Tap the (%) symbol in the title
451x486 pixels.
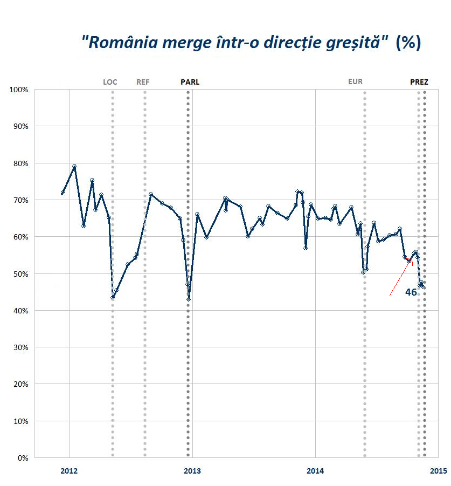click(x=408, y=42)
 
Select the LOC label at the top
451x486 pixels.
click(x=110, y=83)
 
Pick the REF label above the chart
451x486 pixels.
click(x=143, y=83)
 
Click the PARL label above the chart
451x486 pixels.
click(x=189, y=83)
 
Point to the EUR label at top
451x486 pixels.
click(x=356, y=82)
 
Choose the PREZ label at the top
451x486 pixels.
click(x=419, y=83)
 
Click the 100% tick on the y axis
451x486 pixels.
click(x=19, y=90)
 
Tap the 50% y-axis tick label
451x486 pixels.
click(x=20, y=274)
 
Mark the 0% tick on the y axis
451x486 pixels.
click(x=23, y=458)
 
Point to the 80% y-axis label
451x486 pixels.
click(x=20, y=163)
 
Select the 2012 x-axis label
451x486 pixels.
click(x=69, y=471)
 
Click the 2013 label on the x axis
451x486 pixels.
click(x=192, y=471)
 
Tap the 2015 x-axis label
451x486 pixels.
click(x=438, y=471)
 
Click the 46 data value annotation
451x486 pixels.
click(x=411, y=292)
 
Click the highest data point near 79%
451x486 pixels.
click(x=74, y=166)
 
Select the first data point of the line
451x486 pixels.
click(x=63, y=193)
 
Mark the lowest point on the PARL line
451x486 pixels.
click(x=189, y=299)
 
